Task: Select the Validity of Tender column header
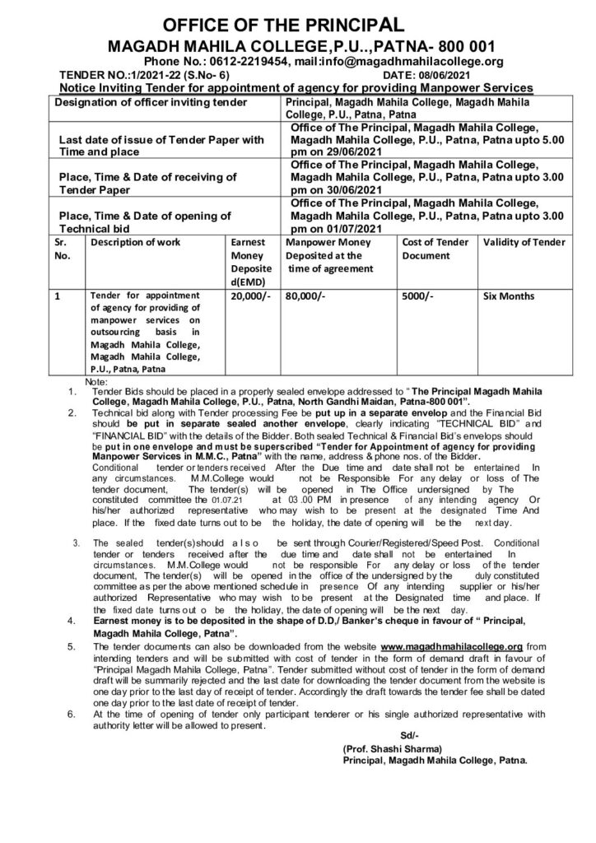point(524,242)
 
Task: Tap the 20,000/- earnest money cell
point(250,296)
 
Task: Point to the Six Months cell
point(510,296)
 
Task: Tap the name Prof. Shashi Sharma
point(393,748)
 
